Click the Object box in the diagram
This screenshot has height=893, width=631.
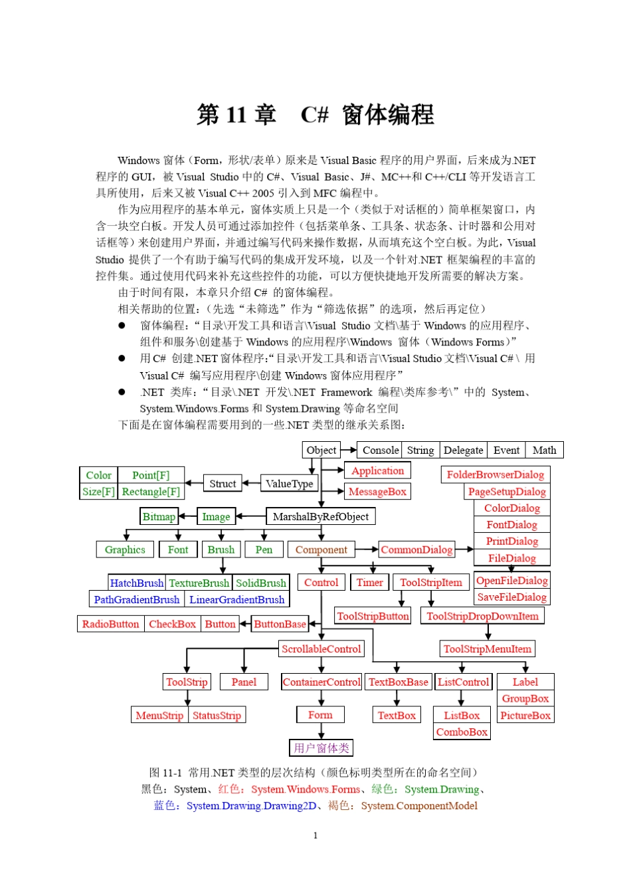pyautogui.click(x=321, y=450)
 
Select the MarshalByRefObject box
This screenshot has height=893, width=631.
pyautogui.click(x=321, y=516)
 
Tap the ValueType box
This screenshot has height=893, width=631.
pyautogui.click(x=289, y=484)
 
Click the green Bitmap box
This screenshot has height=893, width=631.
pyautogui.click(x=159, y=516)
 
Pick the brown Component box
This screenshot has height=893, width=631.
pyautogui.click(x=321, y=549)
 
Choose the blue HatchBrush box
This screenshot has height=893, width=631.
pyautogui.click(x=137, y=583)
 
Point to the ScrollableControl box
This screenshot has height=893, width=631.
pyautogui.click(x=321, y=648)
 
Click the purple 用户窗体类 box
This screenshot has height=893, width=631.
pyautogui.click(x=321, y=747)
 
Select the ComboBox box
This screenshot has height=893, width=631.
pyautogui.click(x=462, y=732)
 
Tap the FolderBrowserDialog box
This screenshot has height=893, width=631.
pyautogui.click(x=495, y=474)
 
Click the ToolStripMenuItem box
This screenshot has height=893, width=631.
pyautogui.click(x=488, y=648)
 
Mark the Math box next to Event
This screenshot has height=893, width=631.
pyautogui.click(x=544, y=450)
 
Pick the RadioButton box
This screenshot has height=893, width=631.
pyautogui.click(x=111, y=624)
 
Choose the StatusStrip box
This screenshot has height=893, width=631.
pyautogui.click(x=217, y=715)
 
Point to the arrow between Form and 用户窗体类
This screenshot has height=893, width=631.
pyautogui.click(x=321, y=731)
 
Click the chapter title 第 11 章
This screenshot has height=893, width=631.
pyautogui.click(x=236, y=114)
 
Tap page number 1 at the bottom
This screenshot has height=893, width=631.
pyautogui.click(x=315, y=835)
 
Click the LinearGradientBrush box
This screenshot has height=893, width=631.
pyautogui.click(x=236, y=599)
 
